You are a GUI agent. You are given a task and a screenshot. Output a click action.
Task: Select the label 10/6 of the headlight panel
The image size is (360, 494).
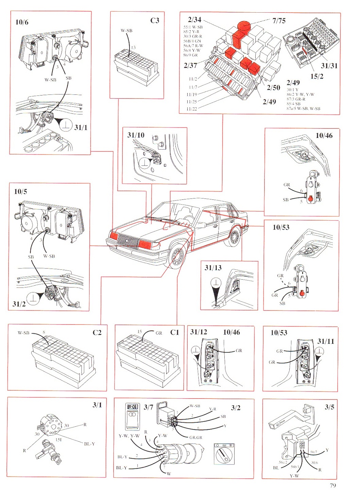[22, 22]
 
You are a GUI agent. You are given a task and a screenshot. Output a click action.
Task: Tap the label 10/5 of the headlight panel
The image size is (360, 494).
[20, 192]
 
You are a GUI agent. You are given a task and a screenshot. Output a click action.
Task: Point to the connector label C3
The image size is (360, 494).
[155, 20]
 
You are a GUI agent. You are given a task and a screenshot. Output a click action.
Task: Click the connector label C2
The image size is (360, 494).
[97, 333]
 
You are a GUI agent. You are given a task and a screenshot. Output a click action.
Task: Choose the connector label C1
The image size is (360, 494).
[174, 332]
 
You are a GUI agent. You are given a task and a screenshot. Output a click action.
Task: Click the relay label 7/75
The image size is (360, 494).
[279, 21]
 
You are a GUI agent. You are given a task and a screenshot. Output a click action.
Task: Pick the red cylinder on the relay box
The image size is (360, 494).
[243, 26]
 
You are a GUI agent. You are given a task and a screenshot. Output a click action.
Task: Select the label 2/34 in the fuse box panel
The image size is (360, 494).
[194, 20]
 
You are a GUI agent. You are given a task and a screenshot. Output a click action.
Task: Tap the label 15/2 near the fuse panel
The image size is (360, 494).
[316, 76]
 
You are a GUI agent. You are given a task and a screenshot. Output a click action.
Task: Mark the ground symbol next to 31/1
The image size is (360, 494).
[66, 125]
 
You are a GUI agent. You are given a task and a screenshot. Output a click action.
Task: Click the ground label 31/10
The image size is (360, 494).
[136, 135]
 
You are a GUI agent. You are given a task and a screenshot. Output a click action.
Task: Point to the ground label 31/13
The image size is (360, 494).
[213, 268]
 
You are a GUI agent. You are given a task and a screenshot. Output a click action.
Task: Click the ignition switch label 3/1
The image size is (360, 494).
[97, 405]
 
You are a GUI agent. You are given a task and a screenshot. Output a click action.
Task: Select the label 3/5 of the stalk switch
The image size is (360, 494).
[329, 407]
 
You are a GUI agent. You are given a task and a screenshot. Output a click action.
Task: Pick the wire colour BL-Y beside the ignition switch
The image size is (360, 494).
[89, 444]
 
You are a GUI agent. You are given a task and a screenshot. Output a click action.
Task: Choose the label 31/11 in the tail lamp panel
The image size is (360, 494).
[326, 341]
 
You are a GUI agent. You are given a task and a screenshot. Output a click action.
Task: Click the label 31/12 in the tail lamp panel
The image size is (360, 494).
[199, 332]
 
